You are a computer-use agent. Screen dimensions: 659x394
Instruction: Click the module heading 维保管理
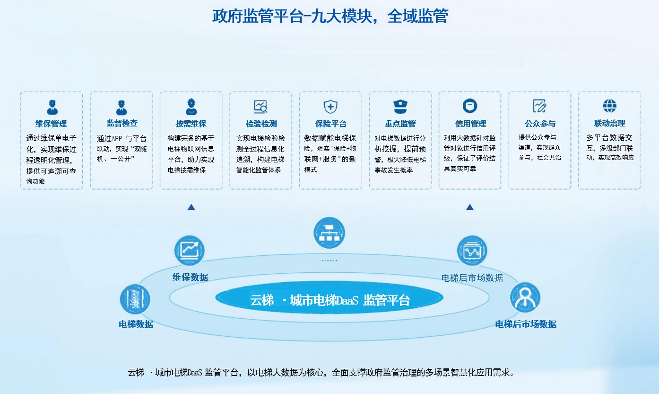point(51,124)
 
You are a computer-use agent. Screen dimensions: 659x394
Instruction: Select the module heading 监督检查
point(122,123)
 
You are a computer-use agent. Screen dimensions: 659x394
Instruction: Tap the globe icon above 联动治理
point(609,106)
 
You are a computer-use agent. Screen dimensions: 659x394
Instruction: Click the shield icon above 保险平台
point(330,107)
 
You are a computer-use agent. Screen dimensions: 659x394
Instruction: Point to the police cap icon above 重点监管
point(400,107)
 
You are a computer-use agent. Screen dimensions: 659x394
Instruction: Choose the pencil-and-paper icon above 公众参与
point(539,106)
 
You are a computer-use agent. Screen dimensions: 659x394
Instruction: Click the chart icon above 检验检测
point(260,107)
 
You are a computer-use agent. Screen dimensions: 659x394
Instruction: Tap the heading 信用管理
point(470,124)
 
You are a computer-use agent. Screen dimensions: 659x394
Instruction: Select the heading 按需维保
point(191,124)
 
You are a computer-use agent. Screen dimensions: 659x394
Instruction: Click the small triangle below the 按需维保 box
point(191,207)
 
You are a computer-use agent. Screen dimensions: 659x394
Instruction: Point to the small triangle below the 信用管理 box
point(470,207)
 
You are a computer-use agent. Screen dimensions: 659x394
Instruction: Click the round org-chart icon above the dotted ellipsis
point(329,233)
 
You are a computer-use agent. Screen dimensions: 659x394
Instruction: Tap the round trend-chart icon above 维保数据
point(190,251)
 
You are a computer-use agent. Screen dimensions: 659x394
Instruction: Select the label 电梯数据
point(136,324)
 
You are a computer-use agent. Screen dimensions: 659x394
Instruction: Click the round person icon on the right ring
point(525,297)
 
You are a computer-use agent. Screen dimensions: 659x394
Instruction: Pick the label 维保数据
point(190,278)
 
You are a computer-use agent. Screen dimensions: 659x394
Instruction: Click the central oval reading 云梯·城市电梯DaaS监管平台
point(329,298)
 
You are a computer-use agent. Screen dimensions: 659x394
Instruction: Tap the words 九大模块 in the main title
point(342,16)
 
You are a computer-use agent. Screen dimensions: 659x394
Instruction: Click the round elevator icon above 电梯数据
point(135,299)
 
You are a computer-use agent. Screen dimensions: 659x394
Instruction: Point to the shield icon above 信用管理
point(470,106)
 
